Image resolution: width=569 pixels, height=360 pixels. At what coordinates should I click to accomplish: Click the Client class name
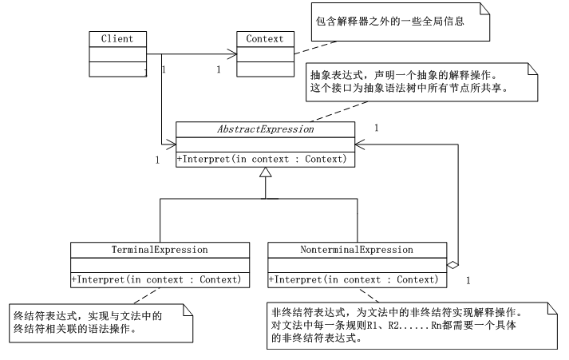pyautogui.click(x=117, y=38)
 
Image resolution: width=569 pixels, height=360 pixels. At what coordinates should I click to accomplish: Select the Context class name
pyautogui.click(x=264, y=38)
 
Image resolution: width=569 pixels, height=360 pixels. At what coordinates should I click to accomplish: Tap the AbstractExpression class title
pyautogui.click(x=265, y=129)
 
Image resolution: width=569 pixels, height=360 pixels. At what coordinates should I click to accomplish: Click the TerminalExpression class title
pyautogui.click(x=160, y=249)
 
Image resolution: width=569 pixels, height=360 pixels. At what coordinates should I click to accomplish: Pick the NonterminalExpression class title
pyautogui.click(x=356, y=249)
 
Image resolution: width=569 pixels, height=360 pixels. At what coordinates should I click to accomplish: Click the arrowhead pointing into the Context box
pyautogui.click(x=233, y=54)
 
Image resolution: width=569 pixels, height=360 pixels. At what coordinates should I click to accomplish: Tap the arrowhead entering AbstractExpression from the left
pyautogui.click(x=171, y=144)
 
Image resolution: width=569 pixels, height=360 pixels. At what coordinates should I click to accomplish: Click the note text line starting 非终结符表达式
pyautogui.click(x=397, y=311)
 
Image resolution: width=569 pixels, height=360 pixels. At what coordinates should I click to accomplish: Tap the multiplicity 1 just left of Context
pyautogui.click(x=218, y=69)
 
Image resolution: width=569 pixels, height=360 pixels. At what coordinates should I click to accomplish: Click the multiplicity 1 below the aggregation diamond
pyautogui.click(x=468, y=280)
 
